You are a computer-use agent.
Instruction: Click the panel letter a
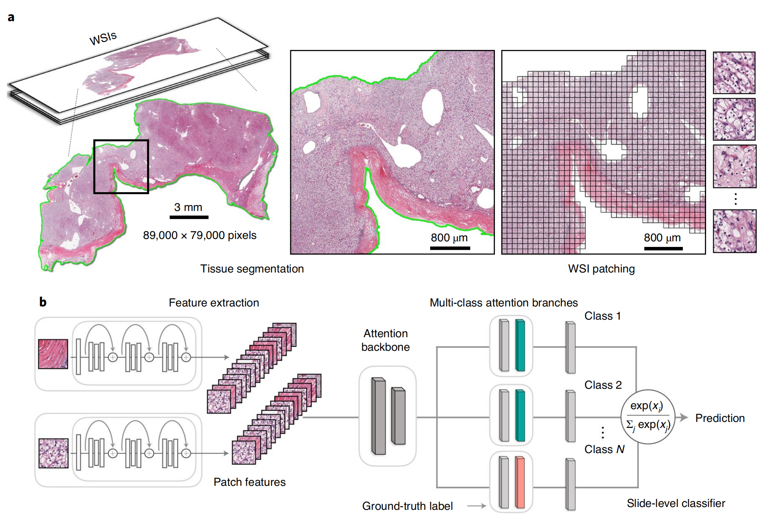click(x=11, y=18)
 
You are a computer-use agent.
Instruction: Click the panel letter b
click(x=43, y=302)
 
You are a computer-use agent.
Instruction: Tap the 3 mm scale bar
click(x=189, y=217)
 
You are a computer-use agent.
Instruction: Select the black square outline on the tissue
click(x=121, y=141)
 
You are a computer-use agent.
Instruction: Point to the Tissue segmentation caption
click(x=252, y=269)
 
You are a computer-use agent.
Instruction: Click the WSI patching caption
click(x=601, y=269)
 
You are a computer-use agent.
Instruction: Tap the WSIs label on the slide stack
click(x=103, y=38)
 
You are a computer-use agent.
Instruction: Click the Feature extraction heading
click(x=214, y=303)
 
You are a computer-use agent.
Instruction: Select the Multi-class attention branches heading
click(x=504, y=303)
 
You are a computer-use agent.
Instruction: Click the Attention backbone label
click(x=385, y=340)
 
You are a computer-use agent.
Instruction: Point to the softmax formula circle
click(x=648, y=417)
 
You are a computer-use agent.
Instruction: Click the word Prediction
click(x=720, y=418)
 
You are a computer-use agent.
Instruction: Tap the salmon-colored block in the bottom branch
click(x=520, y=482)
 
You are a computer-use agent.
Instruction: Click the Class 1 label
click(x=602, y=316)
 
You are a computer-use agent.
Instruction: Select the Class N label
click(x=604, y=449)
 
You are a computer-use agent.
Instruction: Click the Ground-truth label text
click(x=407, y=506)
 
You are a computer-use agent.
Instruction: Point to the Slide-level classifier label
click(x=676, y=503)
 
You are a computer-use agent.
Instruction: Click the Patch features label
click(x=249, y=482)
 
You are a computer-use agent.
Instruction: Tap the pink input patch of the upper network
click(x=53, y=354)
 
